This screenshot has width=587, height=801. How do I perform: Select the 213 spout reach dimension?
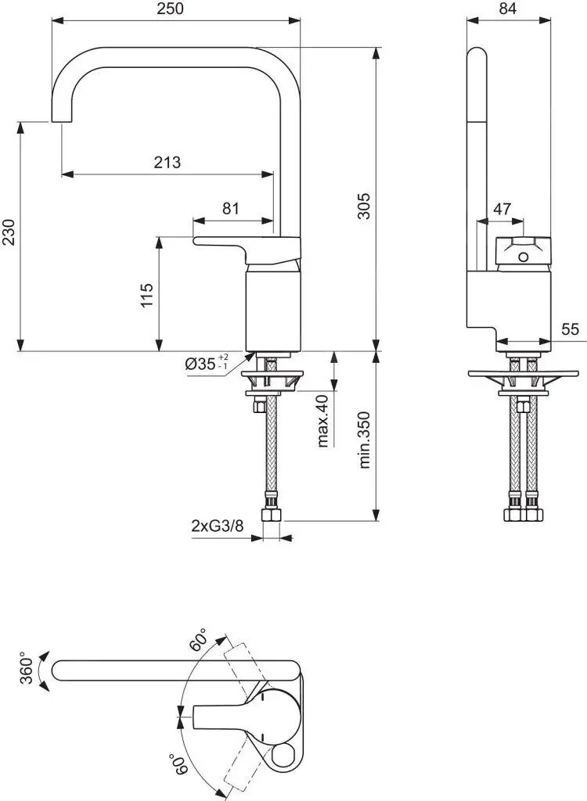coord(167,162)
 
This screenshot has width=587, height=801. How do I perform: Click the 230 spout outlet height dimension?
coord(9,232)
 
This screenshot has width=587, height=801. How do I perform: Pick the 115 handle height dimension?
coord(147,295)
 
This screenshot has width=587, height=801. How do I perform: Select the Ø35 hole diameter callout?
coord(206,365)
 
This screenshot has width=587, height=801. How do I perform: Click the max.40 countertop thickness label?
coord(322,420)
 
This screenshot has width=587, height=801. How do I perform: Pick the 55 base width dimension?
coord(570,329)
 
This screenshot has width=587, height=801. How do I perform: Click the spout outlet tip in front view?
coord(60,117)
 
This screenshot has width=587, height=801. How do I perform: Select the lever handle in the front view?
coord(235,242)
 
